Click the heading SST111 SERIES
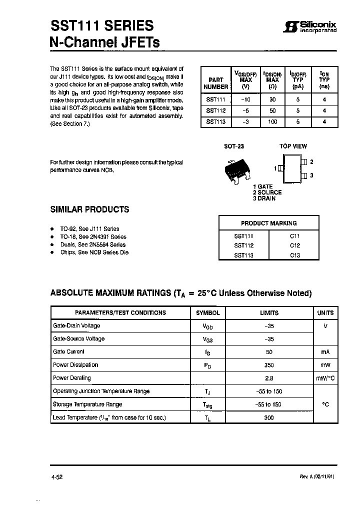102,26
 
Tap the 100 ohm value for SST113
272,121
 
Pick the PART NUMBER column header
216,83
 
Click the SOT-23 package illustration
234,169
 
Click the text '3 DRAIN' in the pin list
264,198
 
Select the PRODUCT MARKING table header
268,223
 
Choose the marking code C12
295,245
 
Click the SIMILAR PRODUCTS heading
89,209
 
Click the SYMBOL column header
207,312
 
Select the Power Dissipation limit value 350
269,365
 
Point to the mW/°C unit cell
325,378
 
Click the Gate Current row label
68,352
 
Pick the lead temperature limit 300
269,417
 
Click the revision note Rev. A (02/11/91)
313,476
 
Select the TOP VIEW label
293,146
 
